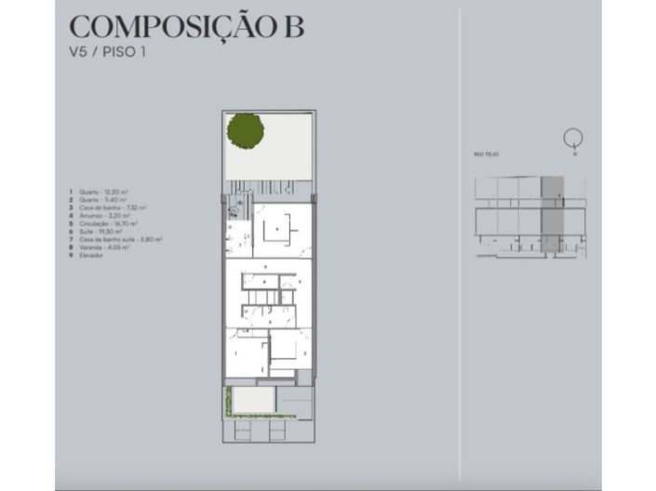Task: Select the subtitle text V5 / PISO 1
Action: [108, 52]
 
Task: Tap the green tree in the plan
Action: [245, 129]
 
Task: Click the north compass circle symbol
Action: [573, 139]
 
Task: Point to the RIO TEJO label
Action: [487, 154]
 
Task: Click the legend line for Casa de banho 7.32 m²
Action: [104, 207]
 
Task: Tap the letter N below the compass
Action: [575, 154]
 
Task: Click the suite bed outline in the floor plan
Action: [277, 229]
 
